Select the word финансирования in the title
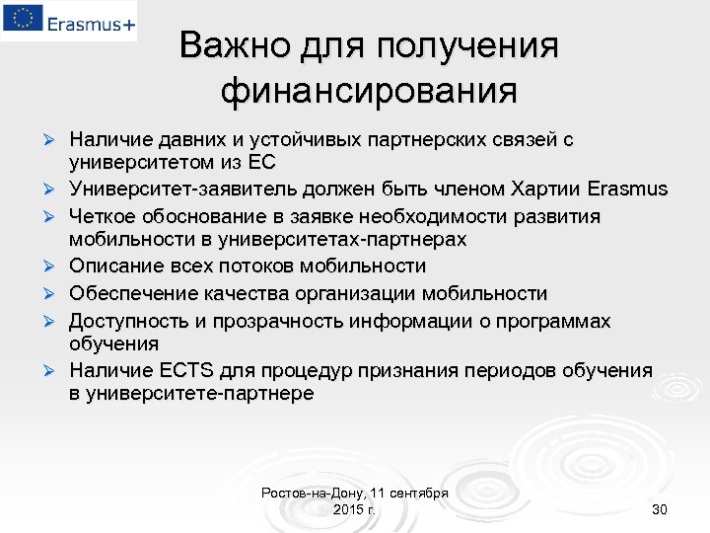[369, 92]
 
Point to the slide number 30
[660, 509]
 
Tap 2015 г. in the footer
[355, 509]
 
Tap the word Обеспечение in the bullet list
[129, 293]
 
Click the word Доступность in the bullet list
[129, 321]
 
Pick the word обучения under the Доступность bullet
[113, 343]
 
